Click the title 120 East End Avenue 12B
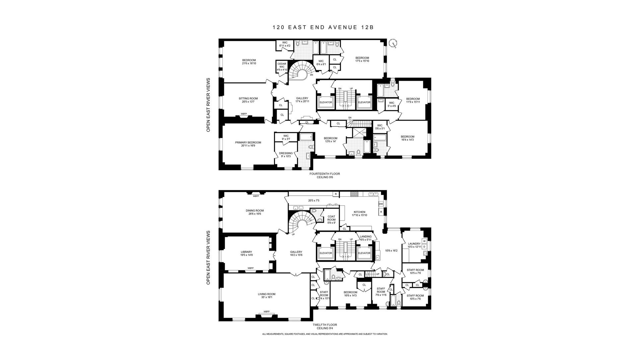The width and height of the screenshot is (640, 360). [323, 28]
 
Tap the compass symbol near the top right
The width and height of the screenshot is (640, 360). [394, 43]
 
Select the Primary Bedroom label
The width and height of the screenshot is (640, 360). [248, 144]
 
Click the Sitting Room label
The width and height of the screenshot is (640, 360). [248, 100]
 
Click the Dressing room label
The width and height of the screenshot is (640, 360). [286, 155]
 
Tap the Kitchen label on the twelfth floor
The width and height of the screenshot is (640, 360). [359, 213]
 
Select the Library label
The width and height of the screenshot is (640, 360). [246, 253]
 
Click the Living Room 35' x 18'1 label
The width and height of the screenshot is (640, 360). [266, 295]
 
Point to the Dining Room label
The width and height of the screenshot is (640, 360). [255, 212]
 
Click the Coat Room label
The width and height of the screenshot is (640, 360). [331, 219]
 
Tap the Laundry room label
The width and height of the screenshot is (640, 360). [414, 245]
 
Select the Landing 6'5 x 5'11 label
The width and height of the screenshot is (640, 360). [366, 238]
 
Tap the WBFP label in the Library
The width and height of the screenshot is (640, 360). [250, 268]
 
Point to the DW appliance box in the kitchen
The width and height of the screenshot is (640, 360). [381, 204]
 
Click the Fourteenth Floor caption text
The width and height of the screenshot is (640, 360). [325, 174]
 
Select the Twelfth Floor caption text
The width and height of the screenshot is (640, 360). [325, 325]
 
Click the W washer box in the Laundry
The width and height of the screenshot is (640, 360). [424, 241]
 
